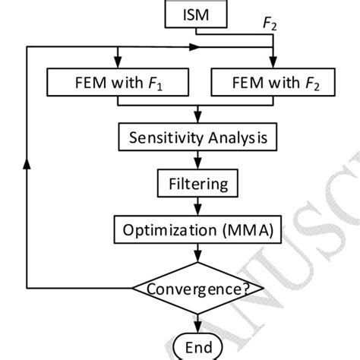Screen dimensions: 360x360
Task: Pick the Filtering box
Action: pos(197,183)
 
